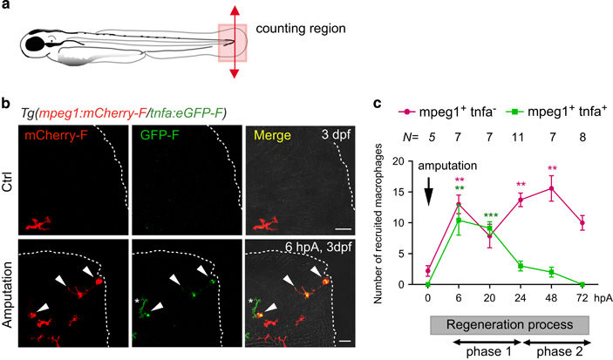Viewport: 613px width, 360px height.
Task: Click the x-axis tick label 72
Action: pyautogui.click(x=582, y=296)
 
